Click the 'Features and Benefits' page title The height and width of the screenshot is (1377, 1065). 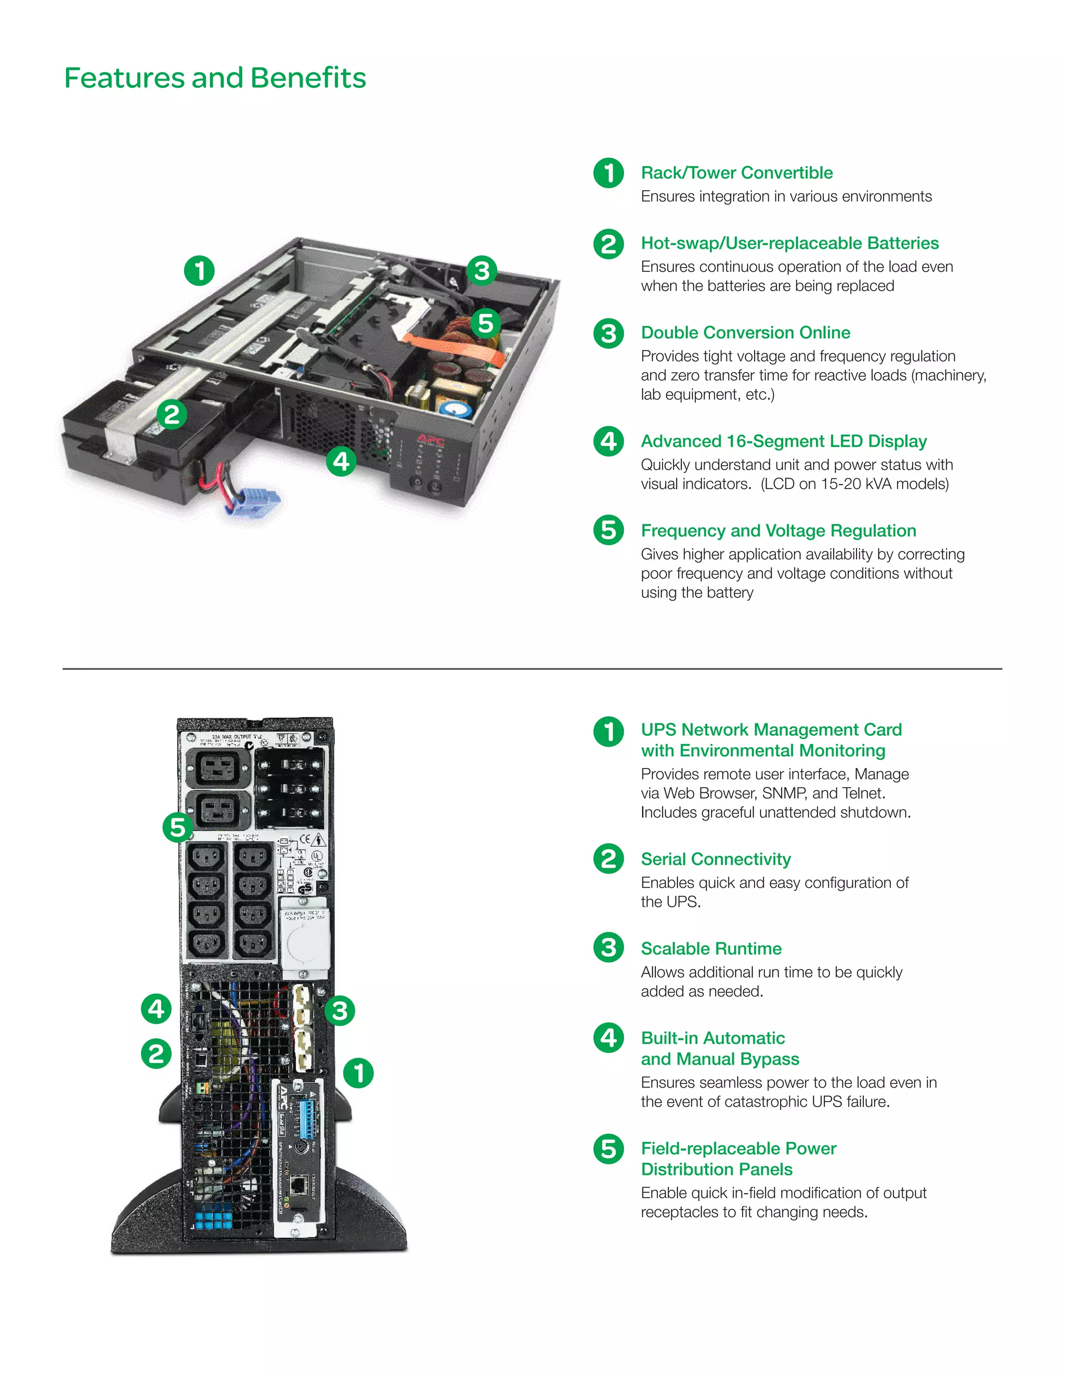[215, 78]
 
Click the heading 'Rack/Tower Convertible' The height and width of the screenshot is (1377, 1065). [736, 173]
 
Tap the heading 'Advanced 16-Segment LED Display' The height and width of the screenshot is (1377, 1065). [784, 441]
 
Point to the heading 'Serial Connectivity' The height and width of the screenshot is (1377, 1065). [716, 859]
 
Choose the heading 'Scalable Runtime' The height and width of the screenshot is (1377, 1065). [711, 948]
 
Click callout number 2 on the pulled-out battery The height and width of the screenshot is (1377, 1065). [172, 414]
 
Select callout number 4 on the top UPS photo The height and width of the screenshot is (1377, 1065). [341, 461]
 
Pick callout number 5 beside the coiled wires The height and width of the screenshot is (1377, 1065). [485, 323]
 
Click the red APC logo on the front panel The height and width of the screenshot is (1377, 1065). [430, 440]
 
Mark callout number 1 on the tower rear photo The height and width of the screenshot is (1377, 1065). [358, 1073]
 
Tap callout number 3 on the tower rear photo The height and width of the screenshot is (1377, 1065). [340, 1011]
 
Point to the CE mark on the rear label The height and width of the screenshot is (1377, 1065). [305, 839]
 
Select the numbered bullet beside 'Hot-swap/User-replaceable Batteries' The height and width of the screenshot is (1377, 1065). [608, 244]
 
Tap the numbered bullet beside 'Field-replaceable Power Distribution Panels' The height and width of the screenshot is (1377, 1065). [608, 1149]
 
